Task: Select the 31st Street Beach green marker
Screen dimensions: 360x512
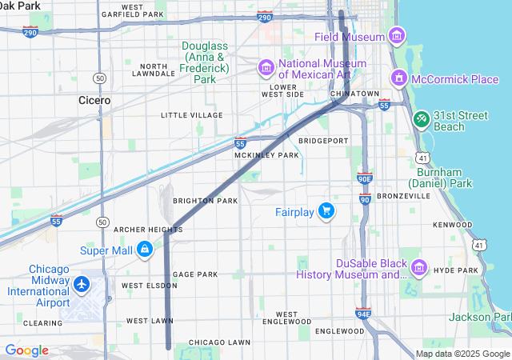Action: point(421,118)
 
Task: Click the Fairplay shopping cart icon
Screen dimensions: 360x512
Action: point(326,211)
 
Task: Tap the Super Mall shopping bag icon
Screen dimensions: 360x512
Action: point(145,250)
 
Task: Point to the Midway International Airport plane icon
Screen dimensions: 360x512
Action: point(81,284)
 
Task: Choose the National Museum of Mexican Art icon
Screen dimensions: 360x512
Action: point(265,68)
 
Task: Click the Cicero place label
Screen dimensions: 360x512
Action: point(94,101)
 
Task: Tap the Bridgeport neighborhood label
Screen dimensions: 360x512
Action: point(323,141)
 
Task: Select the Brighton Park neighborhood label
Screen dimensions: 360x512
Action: point(206,201)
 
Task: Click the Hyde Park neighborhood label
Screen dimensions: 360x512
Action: point(456,271)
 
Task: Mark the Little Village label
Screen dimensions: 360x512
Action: point(191,115)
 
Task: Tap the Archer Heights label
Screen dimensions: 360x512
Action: point(148,230)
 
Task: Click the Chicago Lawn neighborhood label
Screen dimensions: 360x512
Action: point(220,342)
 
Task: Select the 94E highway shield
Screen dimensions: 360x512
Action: point(363,314)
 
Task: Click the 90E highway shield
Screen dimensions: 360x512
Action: point(364,180)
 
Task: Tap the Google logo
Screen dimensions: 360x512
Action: point(26,350)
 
